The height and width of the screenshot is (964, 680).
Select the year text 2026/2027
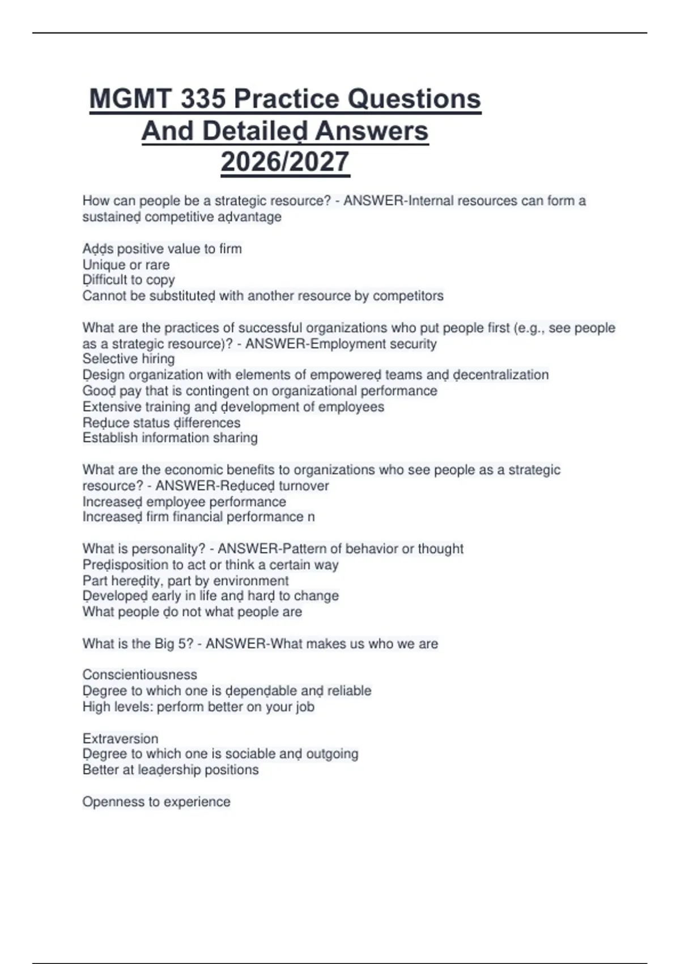(x=285, y=162)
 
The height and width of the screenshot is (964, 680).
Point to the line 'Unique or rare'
(x=126, y=265)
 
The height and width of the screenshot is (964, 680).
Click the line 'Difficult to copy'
(x=129, y=280)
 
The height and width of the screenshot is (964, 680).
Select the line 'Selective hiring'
(x=129, y=359)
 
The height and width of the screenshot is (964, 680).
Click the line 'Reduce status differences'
(x=161, y=423)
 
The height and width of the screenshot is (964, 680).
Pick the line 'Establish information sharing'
(x=170, y=438)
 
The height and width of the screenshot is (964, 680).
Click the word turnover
(x=304, y=486)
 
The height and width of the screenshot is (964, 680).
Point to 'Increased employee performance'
(x=184, y=502)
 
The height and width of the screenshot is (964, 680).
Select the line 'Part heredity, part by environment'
(x=185, y=581)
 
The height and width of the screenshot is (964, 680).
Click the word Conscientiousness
(x=140, y=675)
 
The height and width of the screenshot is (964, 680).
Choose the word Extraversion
(x=120, y=739)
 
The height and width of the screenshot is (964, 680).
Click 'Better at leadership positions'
(x=171, y=770)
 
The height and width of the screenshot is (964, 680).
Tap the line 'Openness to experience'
(x=156, y=802)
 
